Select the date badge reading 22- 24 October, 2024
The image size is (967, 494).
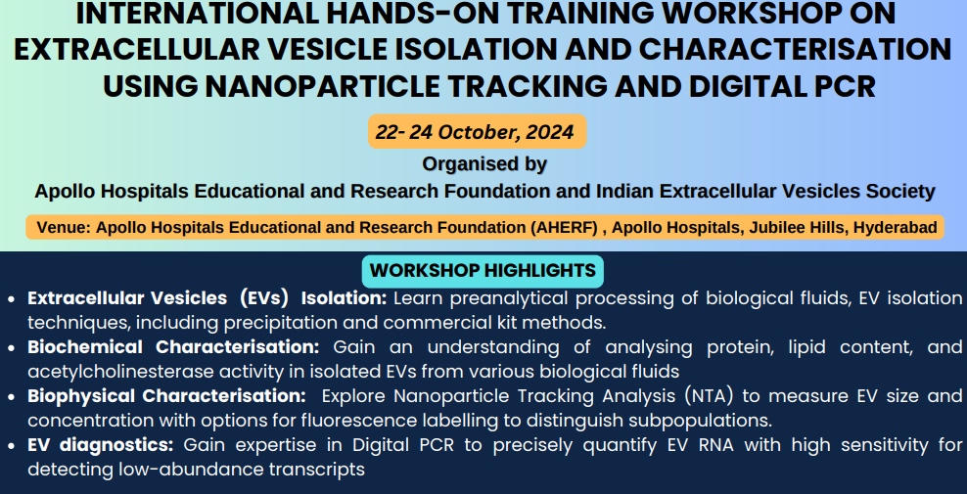pos(477,131)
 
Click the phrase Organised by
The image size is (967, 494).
pos(484,164)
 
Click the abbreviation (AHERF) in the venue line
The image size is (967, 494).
pos(565,228)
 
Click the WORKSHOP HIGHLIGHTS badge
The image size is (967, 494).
pos(483,271)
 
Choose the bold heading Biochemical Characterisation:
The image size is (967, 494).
pos(173,347)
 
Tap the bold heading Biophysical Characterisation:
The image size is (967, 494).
pos(166,395)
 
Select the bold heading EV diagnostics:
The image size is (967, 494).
pos(101,445)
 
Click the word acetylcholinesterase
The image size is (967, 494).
pos(127,372)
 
